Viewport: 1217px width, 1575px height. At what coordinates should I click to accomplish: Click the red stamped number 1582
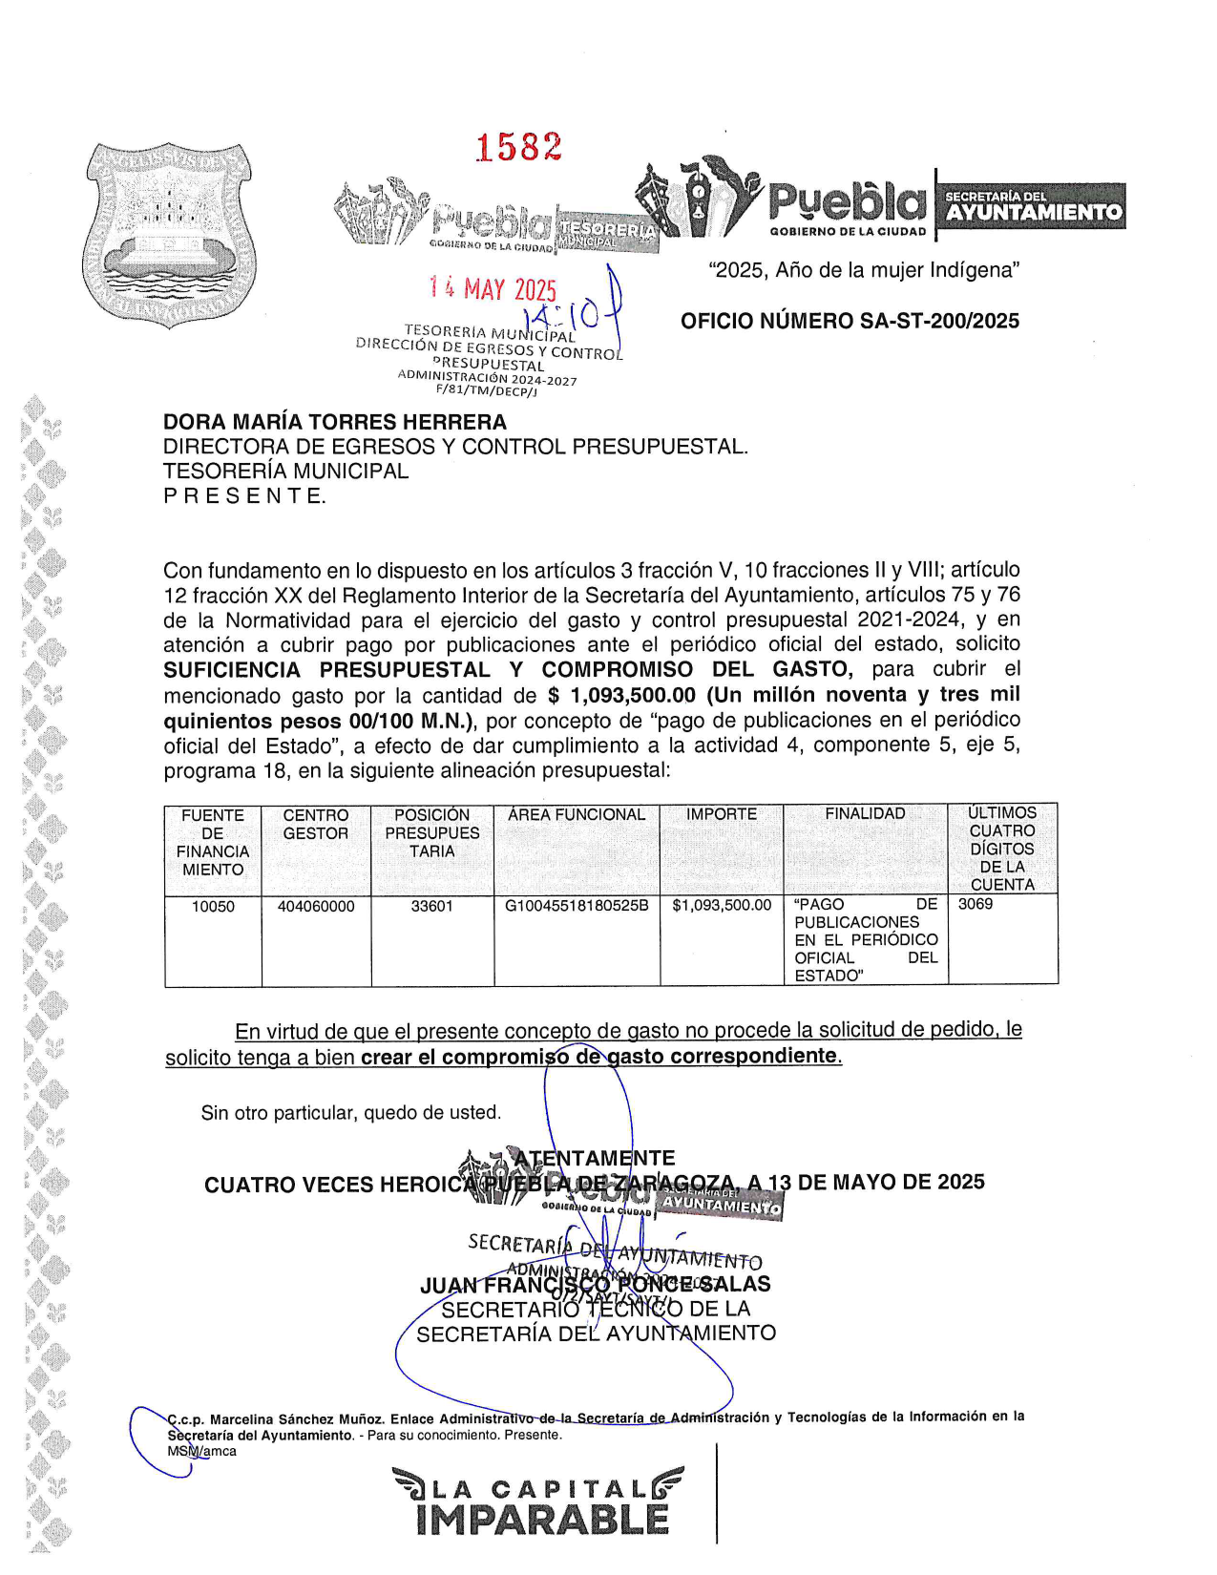[518, 148]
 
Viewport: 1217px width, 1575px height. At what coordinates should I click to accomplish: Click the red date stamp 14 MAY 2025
[493, 288]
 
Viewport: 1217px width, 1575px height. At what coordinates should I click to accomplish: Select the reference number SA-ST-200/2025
[939, 322]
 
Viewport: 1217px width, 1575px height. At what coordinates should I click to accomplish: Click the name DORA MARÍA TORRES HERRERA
[335, 422]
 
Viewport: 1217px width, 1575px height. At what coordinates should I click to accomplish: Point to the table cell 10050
[213, 906]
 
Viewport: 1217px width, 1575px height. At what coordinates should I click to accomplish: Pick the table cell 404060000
[316, 906]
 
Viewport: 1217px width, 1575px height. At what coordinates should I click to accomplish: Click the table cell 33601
[431, 906]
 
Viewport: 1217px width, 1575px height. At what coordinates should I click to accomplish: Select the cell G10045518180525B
[577, 906]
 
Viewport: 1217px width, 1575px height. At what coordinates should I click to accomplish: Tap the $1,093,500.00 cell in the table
[722, 906]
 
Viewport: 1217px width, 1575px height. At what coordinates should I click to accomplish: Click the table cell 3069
[976, 904]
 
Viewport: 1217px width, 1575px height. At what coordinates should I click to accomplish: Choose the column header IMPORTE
[721, 814]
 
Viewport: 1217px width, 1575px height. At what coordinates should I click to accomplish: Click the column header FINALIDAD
[865, 813]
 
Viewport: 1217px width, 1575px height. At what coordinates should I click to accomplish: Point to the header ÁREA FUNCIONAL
[577, 814]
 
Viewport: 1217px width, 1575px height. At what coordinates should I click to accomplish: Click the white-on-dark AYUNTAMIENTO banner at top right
[1033, 212]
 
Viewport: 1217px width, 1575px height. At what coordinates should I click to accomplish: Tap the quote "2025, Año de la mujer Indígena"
[864, 270]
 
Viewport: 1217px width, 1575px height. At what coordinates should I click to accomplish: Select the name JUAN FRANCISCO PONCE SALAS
[596, 1285]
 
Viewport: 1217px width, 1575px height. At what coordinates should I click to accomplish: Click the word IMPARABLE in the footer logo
[542, 1521]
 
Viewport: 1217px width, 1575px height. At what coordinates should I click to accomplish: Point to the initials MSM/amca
[201, 1451]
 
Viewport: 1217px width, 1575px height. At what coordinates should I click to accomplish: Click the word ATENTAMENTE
[595, 1158]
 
